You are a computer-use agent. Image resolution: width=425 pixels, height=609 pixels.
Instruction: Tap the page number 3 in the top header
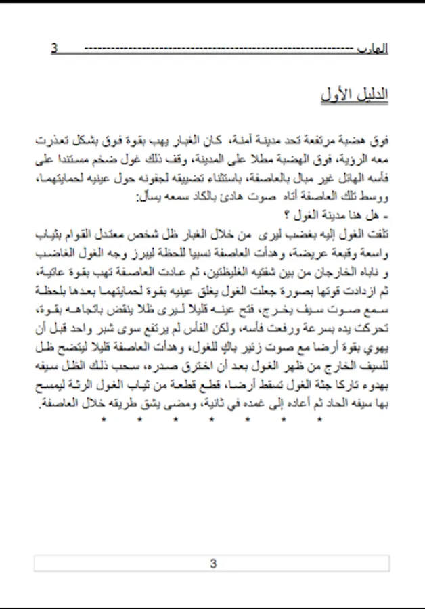[x=55, y=49]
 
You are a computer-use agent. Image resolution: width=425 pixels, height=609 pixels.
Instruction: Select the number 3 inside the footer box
[x=212, y=564]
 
